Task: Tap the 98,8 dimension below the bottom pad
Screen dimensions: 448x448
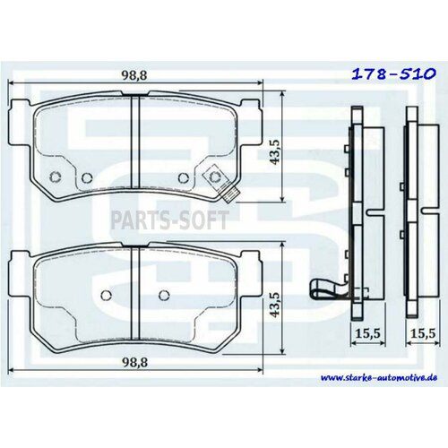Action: click(x=134, y=374)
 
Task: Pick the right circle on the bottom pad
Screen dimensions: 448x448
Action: click(x=163, y=295)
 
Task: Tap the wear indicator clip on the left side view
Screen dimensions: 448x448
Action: click(x=325, y=289)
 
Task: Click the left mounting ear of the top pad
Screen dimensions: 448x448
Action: click(x=20, y=116)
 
